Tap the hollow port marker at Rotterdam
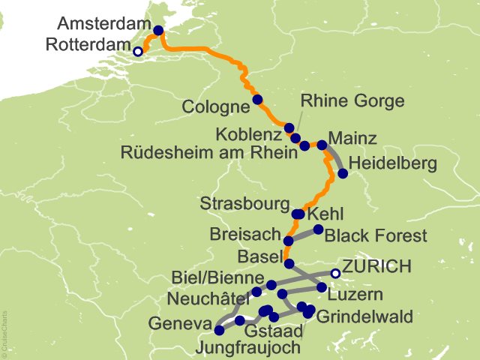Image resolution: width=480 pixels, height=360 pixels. pos(137,52)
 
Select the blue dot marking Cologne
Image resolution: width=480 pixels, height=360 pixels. pos(257,100)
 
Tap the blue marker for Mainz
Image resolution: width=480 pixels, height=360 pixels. pos(322,145)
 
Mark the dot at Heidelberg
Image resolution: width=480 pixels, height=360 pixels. pos(343,174)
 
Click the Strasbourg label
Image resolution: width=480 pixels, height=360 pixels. pos(244,204)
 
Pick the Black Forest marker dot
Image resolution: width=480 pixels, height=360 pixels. pos(318,229)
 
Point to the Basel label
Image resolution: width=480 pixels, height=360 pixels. pos(256,256)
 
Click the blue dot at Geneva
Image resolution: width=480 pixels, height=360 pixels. pos(219,330)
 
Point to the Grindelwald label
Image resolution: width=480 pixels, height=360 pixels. pos(364,316)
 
